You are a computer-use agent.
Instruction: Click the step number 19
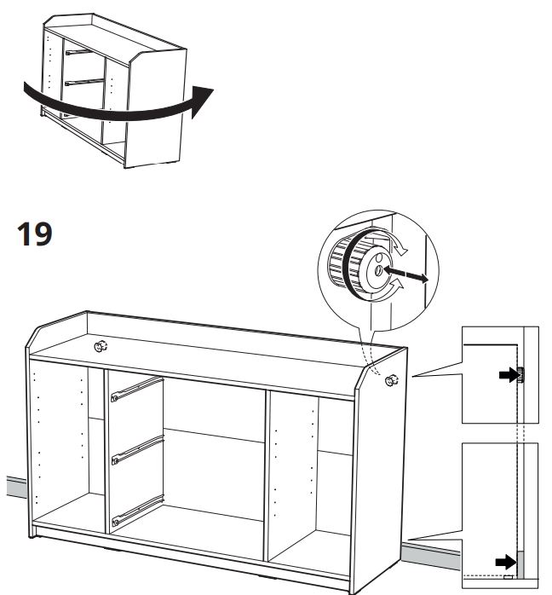(34, 234)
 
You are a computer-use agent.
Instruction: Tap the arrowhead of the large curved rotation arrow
(202, 101)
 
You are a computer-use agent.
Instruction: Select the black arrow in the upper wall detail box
(508, 375)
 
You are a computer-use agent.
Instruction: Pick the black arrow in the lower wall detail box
(506, 562)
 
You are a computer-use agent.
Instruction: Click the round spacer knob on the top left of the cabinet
(101, 346)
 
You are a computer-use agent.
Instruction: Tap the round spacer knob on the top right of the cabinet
(392, 380)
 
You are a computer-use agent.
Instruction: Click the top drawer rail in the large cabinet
(137, 389)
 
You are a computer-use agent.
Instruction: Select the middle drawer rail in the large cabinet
(137, 450)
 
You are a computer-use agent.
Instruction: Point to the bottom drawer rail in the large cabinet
(137, 511)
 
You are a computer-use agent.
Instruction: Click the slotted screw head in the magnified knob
(378, 271)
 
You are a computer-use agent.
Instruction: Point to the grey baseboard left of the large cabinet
(17, 488)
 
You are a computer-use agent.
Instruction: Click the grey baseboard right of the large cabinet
(431, 555)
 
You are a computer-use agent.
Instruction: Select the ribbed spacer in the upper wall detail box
(520, 375)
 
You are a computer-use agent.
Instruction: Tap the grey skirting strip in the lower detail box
(520, 564)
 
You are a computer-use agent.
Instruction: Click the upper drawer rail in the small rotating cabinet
(78, 52)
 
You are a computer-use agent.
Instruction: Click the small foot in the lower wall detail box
(508, 577)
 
